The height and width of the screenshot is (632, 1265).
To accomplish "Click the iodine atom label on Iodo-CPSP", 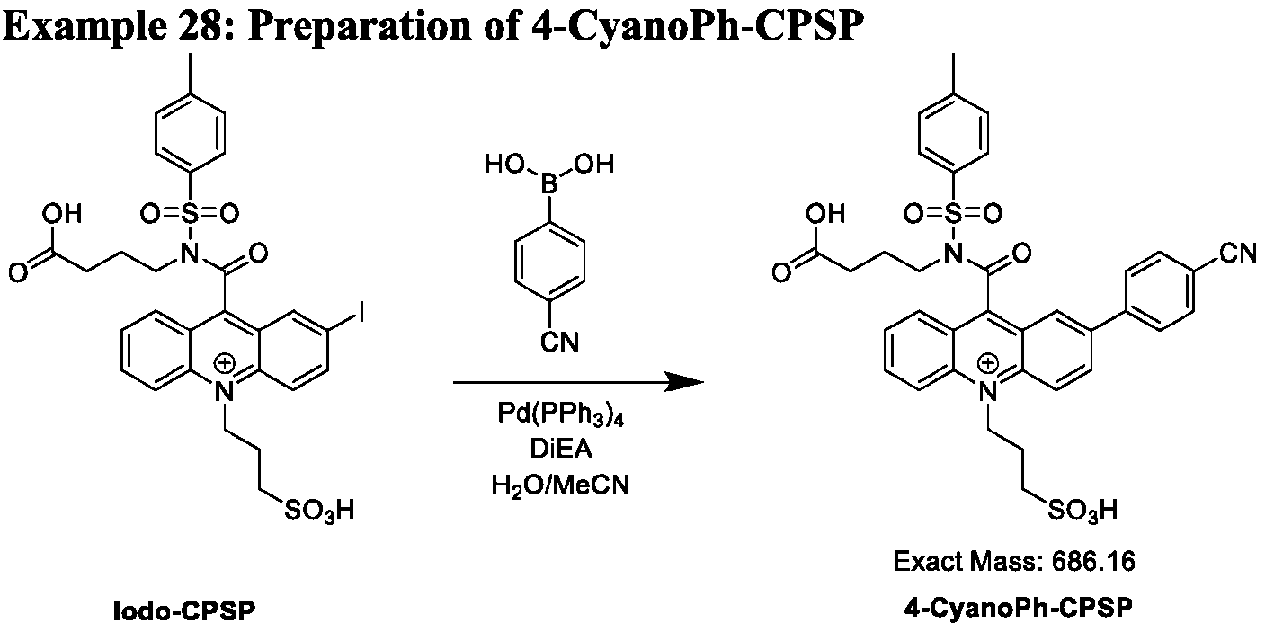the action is (360, 312).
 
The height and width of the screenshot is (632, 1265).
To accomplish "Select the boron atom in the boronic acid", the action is (549, 183).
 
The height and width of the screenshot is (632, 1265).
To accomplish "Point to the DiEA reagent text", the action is (561, 449).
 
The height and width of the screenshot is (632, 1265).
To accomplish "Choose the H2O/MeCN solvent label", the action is (560, 485).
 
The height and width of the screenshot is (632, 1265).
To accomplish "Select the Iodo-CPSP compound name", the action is (184, 611).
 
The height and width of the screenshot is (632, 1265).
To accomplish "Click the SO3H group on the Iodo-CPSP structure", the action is (319, 511).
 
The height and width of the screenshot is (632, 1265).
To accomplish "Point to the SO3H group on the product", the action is (1082, 511).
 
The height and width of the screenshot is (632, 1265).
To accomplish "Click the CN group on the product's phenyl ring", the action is (1238, 254).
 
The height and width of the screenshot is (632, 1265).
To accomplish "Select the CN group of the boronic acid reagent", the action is (559, 343).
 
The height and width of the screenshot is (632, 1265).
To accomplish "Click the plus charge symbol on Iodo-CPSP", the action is (225, 363).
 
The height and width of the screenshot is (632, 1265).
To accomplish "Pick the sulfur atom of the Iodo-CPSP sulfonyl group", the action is (190, 213).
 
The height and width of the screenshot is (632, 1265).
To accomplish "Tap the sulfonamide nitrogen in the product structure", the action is (953, 254).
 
